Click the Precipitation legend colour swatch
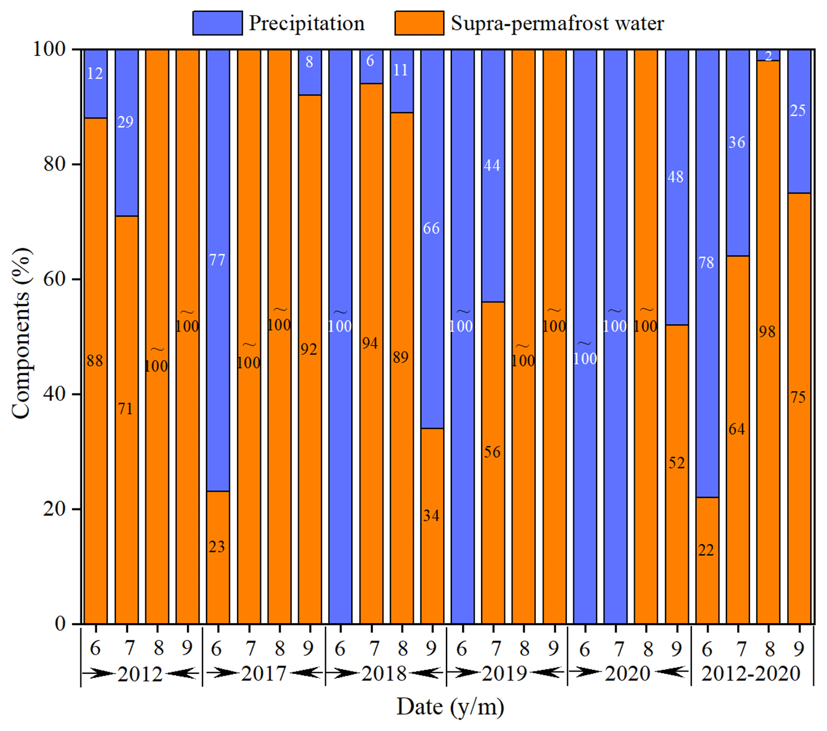pyautogui.click(x=217, y=23)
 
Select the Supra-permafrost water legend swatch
pyautogui.click(x=419, y=23)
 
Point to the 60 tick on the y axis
pyautogui.click(x=54, y=279)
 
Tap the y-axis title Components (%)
pyautogui.click(x=21, y=333)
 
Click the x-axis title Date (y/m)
pyautogui.click(x=450, y=707)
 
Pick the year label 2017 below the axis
pyautogui.click(x=264, y=673)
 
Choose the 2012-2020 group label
pyautogui.click(x=751, y=673)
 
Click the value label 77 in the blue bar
pyautogui.click(x=217, y=260)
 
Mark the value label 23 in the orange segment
pyautogui.click(x=217, y=546)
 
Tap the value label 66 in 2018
pyautogui.click(x=431, y=228)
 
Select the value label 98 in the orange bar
pyautogui.click(x=767, y=331)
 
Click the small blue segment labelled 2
pyautogui.click(x=768, y=55)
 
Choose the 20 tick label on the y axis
pyautogui.click(x=54, y=509)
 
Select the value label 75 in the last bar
pyautogui.click(x=798, y=397)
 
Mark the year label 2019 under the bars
pyautogui.click(x=504, y=673)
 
